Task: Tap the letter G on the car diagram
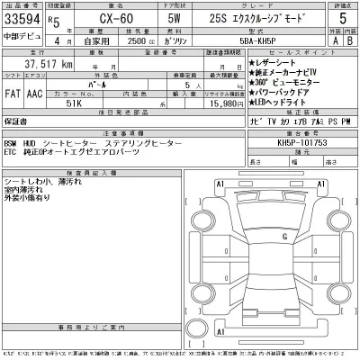(284, 237)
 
